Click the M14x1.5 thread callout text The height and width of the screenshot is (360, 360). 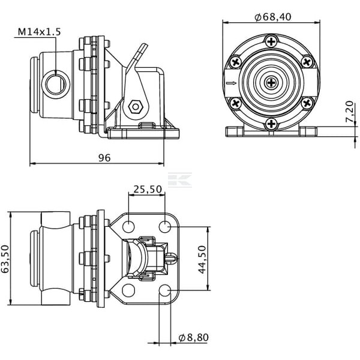click(39, 32)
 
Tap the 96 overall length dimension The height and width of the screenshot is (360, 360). click(104, 158)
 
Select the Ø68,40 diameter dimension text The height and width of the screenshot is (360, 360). click(273, 17)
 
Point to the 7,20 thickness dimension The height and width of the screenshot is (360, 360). click(350, 112)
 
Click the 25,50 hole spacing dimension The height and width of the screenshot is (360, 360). click(148, 189)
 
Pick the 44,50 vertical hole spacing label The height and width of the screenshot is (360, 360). click(202, 259)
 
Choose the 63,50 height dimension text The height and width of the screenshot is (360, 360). click(5, 259)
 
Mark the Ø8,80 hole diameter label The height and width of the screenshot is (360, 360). click(194, 337)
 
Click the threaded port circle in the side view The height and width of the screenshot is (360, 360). click(56, 84)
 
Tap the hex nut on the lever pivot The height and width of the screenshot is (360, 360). click(136, 107)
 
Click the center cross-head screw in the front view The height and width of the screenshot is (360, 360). click(271, 83)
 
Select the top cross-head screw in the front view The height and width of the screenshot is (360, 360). click(271, 41)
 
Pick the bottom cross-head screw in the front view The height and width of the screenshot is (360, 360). click(271, 124)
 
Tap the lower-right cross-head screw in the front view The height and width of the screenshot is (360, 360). click(307, 103)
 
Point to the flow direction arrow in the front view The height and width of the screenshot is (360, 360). click(231, 83)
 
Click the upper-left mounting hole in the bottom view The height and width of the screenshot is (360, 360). click(128, 226)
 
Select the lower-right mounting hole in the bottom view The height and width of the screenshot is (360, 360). click(165, 290)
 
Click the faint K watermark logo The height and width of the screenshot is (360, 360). click(180, 180)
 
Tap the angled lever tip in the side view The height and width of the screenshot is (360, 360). click(144, 46)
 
